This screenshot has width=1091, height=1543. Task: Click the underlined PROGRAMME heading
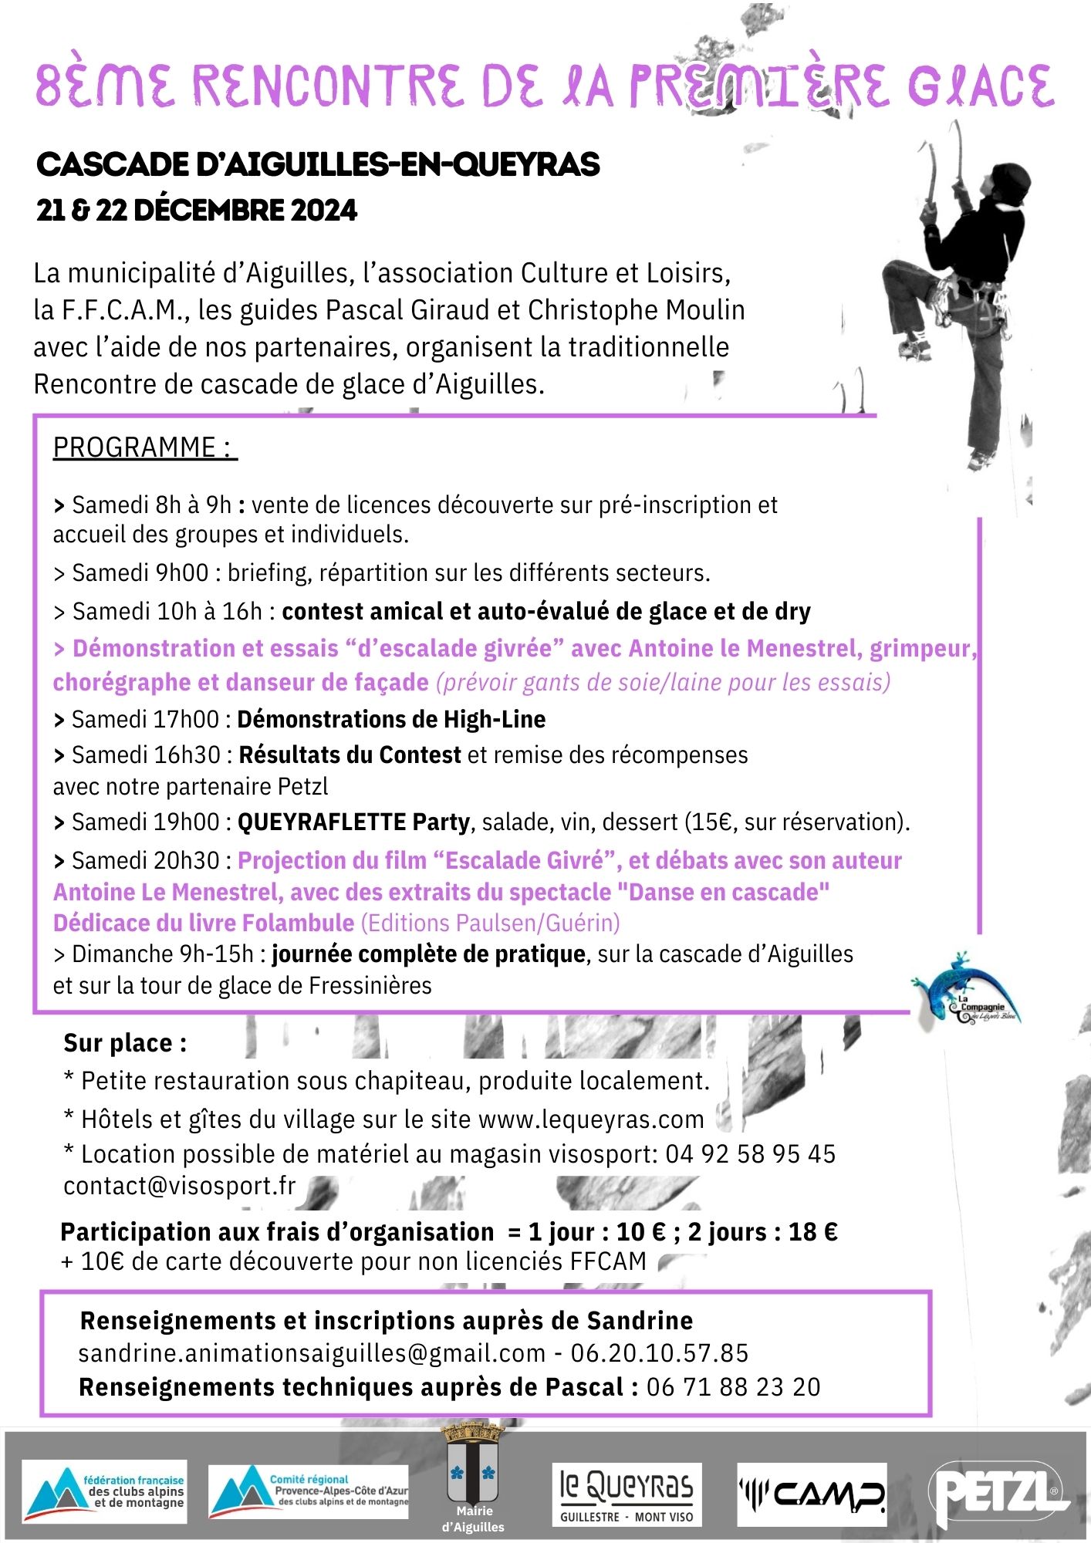pyautogui.click(x=144, y=448)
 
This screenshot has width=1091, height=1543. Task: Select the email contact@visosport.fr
pyautogui.click(x=180, y=1186)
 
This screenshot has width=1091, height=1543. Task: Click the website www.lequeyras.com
pyautogui.click(x=591, y=1119)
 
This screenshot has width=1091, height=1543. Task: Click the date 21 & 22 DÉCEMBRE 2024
pyautogui.click(x=197, y=210)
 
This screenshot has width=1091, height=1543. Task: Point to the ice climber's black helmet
pyautogui.click(x=1011, y=182)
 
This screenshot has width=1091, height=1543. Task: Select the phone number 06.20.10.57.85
pyautogui.click(x=660, y=1352)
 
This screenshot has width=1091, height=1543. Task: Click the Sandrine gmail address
pyautogui.click(x=312, y=1352)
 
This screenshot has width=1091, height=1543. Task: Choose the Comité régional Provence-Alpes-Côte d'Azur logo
pyautogui.click(x=309, y=1491)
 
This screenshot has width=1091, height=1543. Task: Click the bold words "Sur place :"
pyautogui.click(x=125, y=1043)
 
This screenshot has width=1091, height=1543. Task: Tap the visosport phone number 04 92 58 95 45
pyautogui.click(x=750, y=1153)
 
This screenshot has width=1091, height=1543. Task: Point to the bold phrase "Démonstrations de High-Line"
pyautogui.click(x=391, y=719)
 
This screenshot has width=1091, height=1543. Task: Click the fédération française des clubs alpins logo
pyautogui.click(x=104, y=1491)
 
